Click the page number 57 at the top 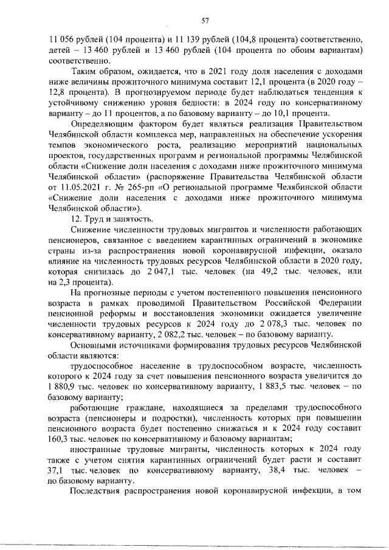[205, 21]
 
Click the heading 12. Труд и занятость [112, 219]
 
